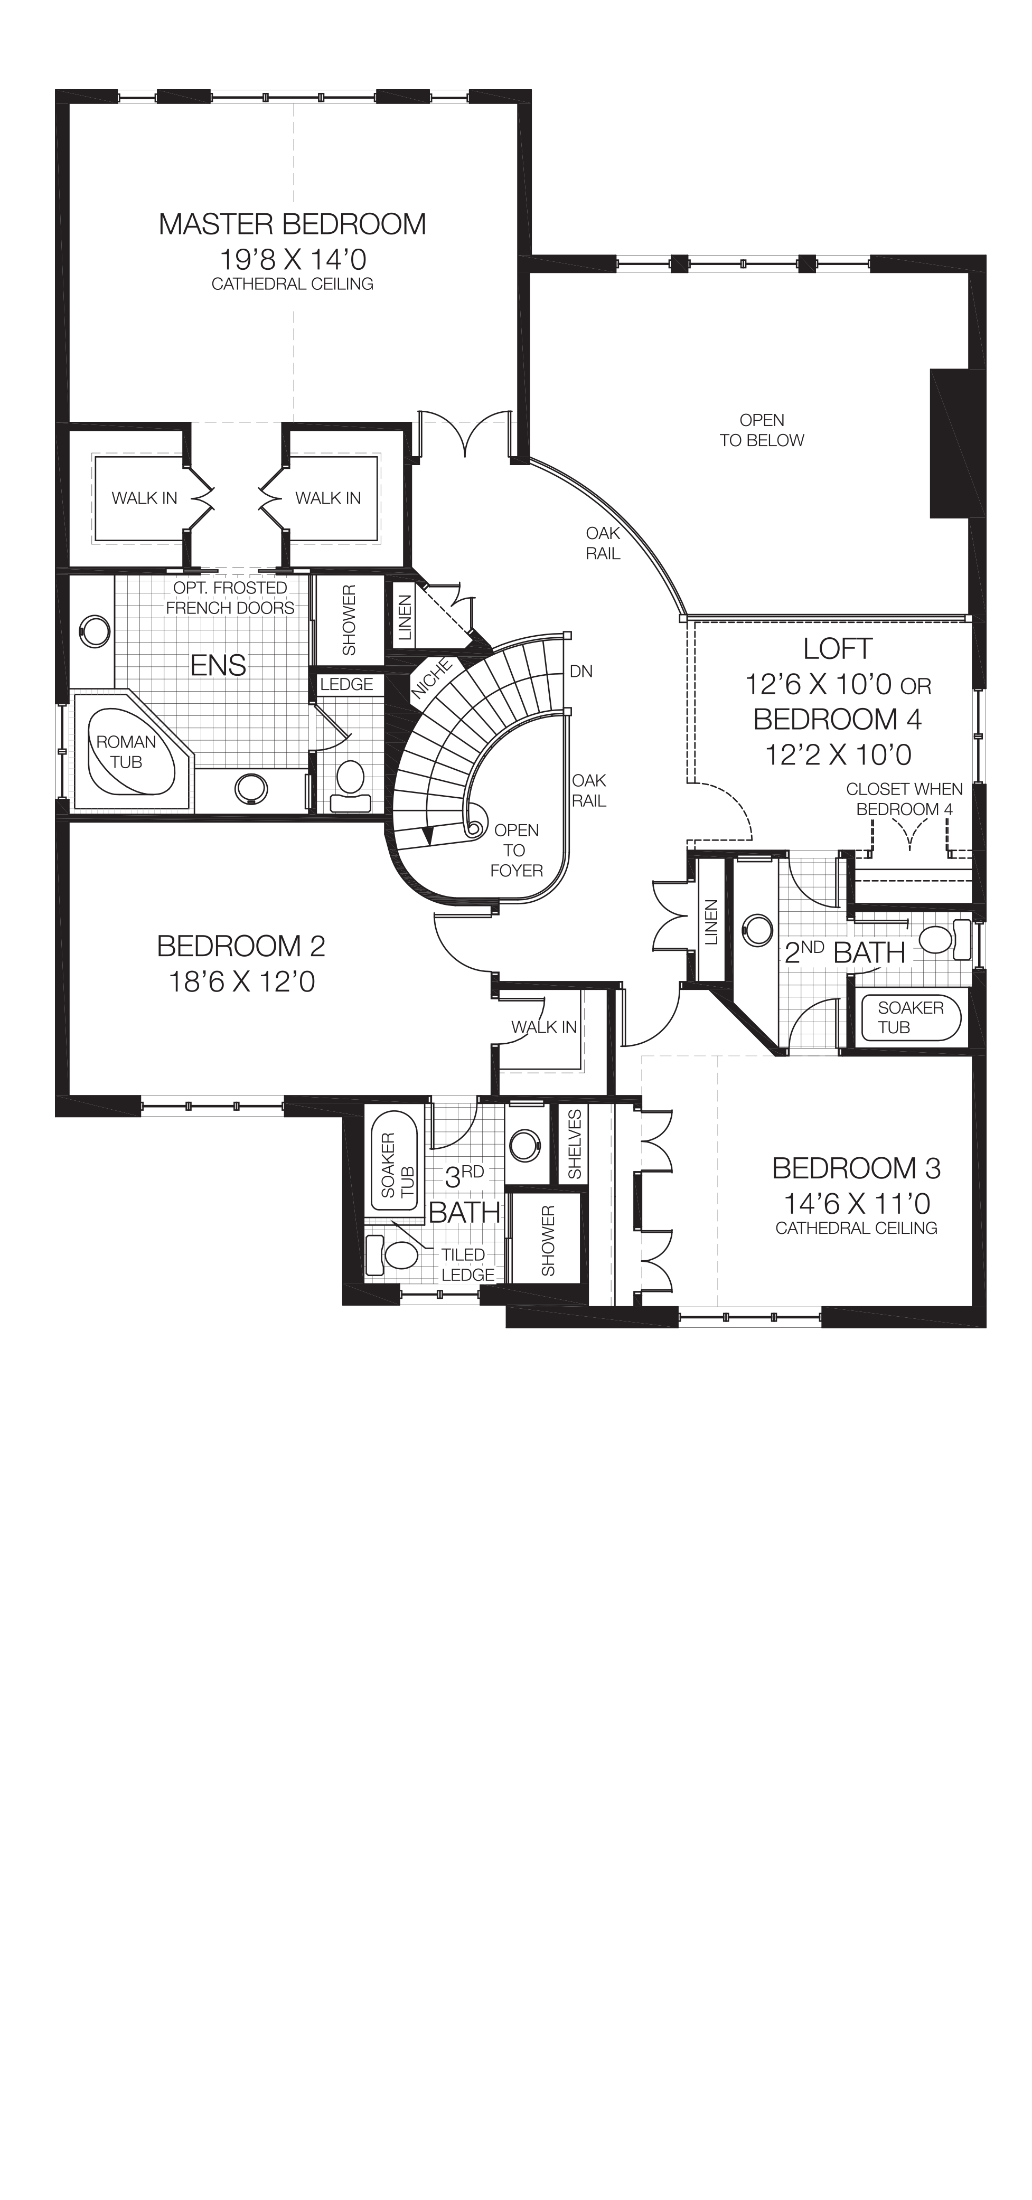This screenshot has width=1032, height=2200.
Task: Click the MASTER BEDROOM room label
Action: (x=292, y=224)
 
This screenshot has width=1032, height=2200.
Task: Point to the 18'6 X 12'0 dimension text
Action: (x=242, y=982)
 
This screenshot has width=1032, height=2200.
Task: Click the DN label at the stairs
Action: (x=581, y=671)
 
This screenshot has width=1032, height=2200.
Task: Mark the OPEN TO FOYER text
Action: (x=516, y=850)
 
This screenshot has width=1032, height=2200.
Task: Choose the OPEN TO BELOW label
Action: (x=761, y=430)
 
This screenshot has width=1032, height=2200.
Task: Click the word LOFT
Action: (x=837, y=649)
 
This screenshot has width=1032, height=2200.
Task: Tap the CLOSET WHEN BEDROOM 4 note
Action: (x=904, y=799)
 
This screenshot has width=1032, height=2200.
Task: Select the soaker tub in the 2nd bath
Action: (x=911, y=1017)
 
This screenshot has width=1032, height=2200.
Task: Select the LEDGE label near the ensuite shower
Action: (x=346, y=684)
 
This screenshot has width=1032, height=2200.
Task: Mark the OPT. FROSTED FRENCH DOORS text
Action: (x=230, y=598)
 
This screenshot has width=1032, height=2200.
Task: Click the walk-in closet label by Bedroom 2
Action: (x=544, y=1027)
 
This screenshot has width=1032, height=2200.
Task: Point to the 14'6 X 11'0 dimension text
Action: (x=856, y=1203)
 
